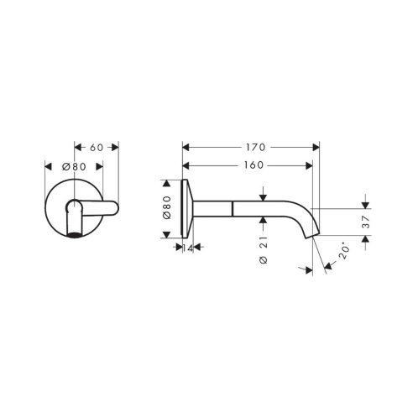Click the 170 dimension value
pyautogui.click(x=255, y=147)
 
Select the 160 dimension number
pyautogui.click(x=253, y=165)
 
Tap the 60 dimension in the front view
pyautogui.click(x=97, y=148)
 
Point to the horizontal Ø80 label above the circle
pyautogui.click(x=74, y=167)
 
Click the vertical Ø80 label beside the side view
pyautogui.click(x=167, y=207)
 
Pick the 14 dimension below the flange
pyautogui.click(x=188, y=248)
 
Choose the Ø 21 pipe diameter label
pyautogui.click(x=264, y=250)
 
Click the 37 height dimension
pyautogui.click(x=366, y=222)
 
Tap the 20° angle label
pyautogui.click(x=344, y=252)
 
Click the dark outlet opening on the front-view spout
pyautogui.click(x=74, y=234)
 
